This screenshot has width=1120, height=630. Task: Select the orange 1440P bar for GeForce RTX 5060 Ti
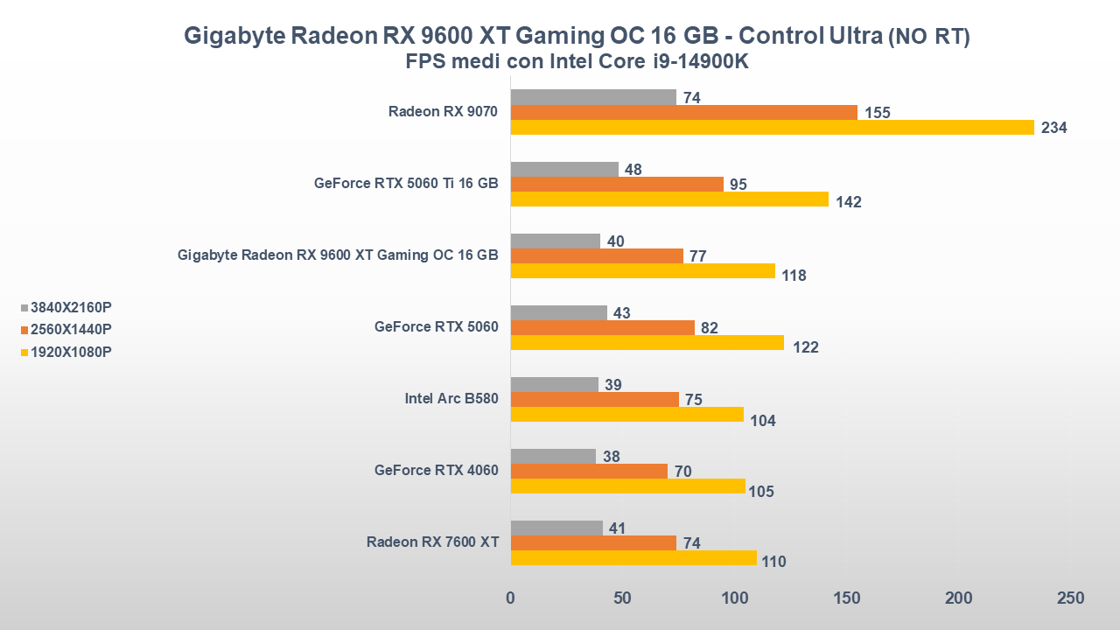(x=617, y=184)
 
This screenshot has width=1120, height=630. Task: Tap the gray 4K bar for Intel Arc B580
(x=554, y=384)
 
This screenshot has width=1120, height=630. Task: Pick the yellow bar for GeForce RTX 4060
(x=627, y=486)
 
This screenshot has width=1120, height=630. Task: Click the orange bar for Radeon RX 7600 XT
(x=593, y=542)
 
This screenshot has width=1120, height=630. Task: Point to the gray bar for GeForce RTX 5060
(x=558, y=312)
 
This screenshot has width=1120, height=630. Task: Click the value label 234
(x=1053, y=128)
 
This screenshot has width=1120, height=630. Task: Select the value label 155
(x=877, y=113)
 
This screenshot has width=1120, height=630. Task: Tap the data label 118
(x=794, y=276)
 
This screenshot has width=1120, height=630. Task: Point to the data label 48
(x=633, y=170)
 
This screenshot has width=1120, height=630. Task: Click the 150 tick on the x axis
(x=846, y=598)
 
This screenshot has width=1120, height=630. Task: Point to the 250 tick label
(x=1070, y=598)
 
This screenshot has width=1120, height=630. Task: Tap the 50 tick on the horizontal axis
(x=622, y=598)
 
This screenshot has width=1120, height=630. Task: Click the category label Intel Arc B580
(x=451, y=399)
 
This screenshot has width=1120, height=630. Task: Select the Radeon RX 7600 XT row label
(x=432, y=542)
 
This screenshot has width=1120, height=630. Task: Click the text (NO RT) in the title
(x=928, y=37)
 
